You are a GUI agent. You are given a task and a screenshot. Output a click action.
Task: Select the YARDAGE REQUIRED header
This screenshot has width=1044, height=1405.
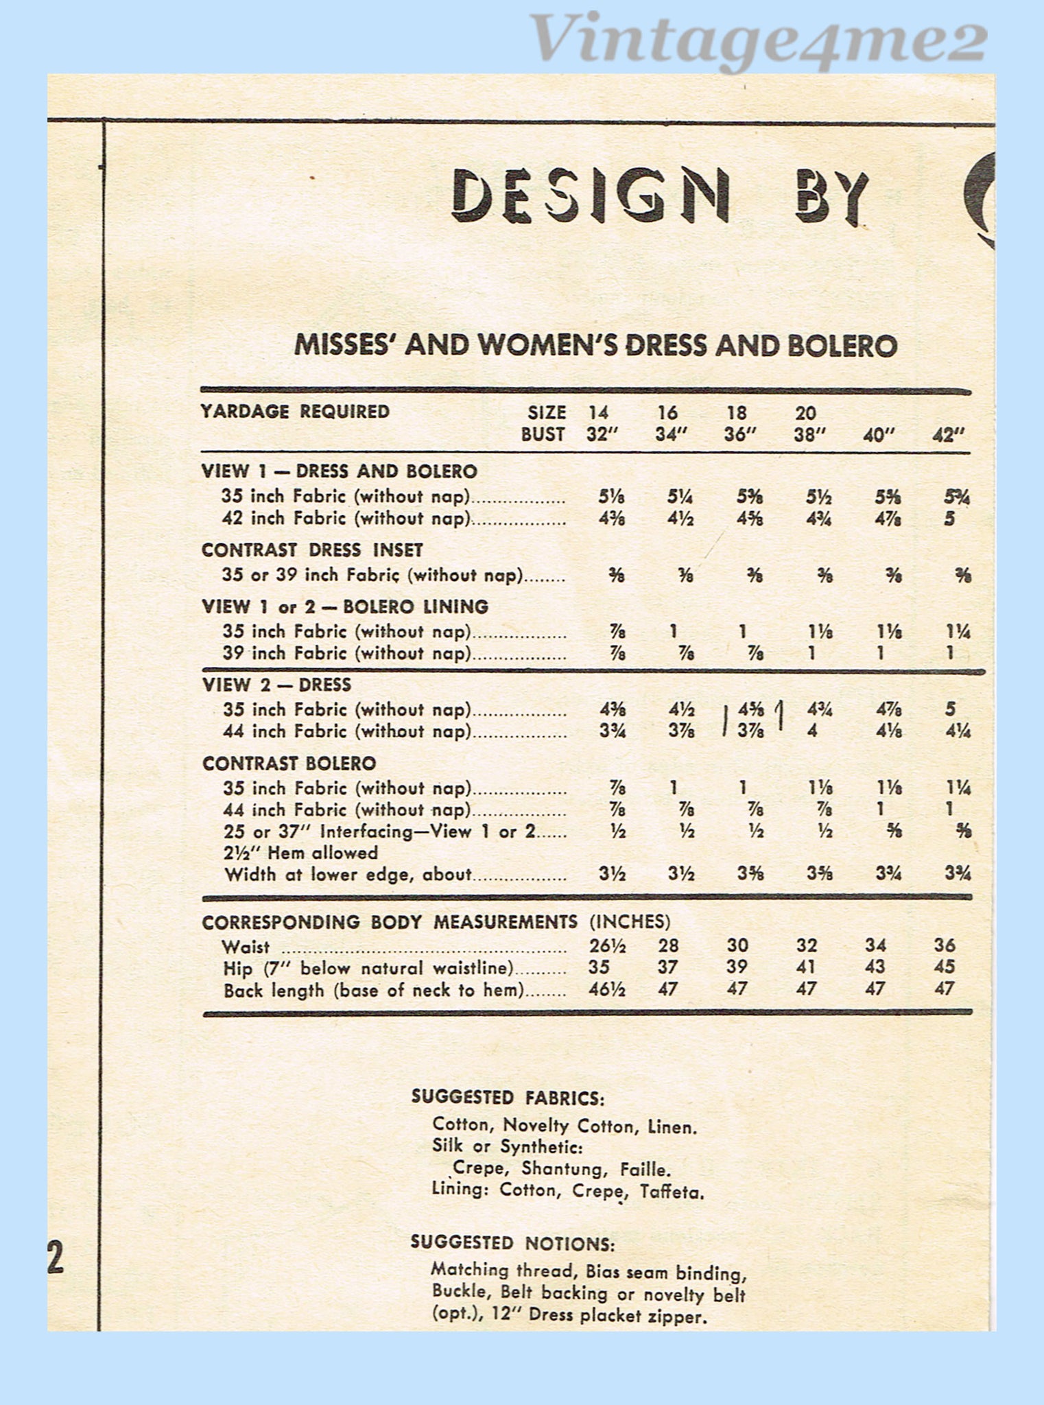(295, 412)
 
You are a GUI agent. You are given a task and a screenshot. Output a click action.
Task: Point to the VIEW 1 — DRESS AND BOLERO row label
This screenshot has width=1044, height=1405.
(339, 471)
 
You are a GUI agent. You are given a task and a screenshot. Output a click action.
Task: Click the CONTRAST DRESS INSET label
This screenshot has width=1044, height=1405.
(312, 550)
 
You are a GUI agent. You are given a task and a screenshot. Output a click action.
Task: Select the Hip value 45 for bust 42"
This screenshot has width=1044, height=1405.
(945, 967)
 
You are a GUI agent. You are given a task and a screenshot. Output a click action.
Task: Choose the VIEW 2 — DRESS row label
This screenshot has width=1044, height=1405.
(276, 685)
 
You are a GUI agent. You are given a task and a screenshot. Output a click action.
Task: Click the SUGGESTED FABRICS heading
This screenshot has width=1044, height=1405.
(508, 1097)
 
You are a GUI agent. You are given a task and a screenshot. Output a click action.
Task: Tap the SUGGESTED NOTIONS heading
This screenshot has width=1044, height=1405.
(512, 1243)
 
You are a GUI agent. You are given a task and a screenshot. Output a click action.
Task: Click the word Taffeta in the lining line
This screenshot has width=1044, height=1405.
(672, 1192)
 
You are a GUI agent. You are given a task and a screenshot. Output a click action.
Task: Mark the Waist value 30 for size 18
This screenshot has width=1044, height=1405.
(737, 946)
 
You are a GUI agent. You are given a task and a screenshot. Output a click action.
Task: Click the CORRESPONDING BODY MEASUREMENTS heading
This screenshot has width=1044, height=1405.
(390, 922)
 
